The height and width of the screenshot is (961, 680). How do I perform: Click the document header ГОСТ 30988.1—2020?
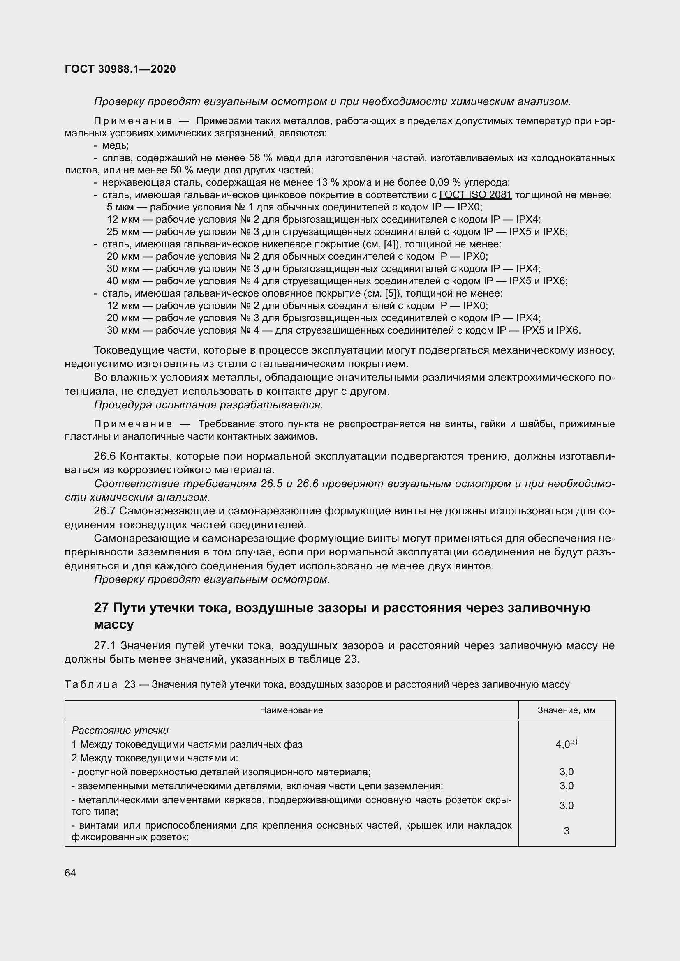[120, 69]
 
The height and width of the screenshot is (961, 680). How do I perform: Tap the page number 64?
[70, 873]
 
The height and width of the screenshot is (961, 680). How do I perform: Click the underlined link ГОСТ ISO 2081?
[475, 195]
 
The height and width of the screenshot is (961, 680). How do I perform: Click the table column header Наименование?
[291, 710]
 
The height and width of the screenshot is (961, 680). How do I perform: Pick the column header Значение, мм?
[566, 710]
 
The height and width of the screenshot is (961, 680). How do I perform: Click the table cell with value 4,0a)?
[566, 744]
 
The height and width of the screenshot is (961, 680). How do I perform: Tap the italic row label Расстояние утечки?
[120, 731]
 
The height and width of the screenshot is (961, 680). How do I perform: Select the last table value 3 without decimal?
[566, 831]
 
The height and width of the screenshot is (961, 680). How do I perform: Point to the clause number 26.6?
[106, 456]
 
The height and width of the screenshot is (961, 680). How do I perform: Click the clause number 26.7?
[106, 511]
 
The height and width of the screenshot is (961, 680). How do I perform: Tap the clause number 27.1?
[106, 645]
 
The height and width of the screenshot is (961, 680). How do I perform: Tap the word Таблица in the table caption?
[91, 684]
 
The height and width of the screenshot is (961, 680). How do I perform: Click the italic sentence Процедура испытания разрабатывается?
[208, 405]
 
